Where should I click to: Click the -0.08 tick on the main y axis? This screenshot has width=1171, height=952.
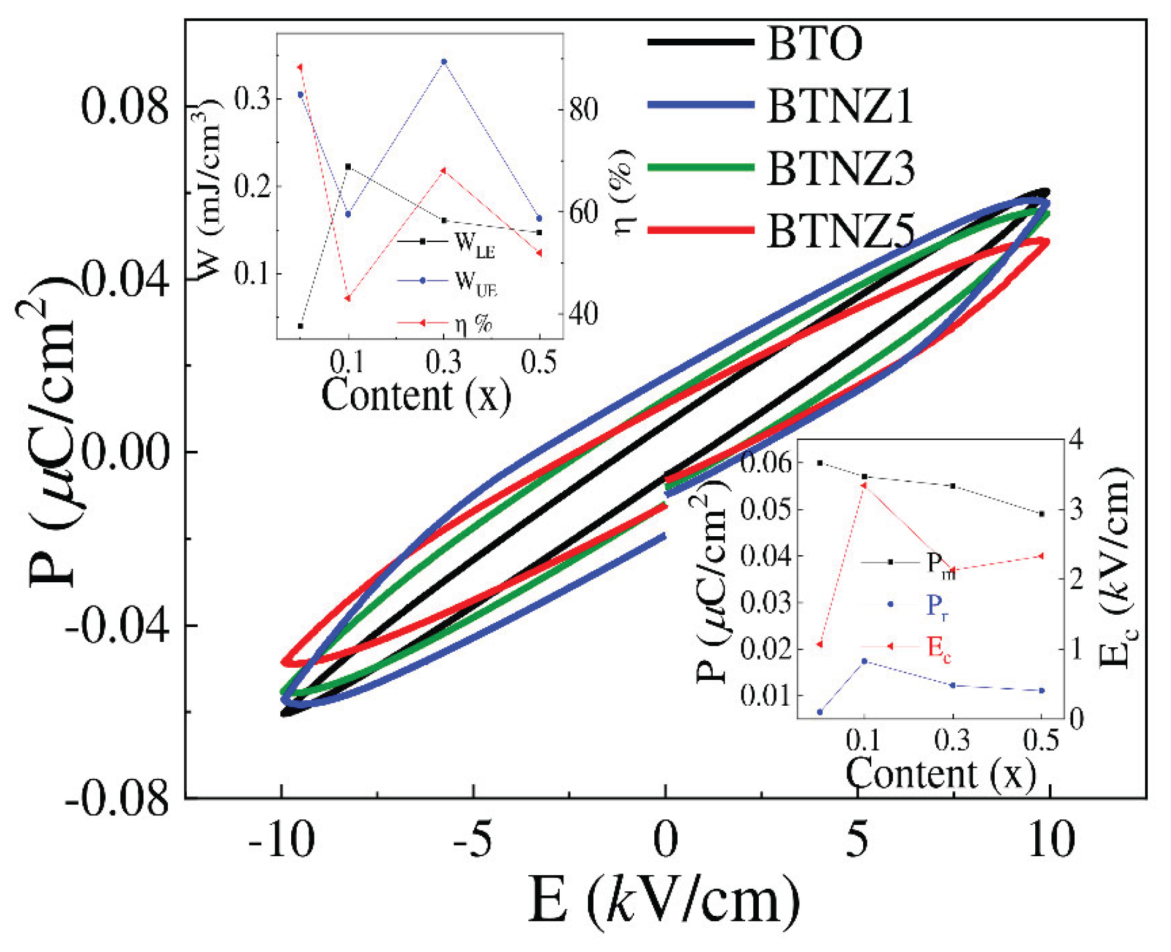[x=117, y=799]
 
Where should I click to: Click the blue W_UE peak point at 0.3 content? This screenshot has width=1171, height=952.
[x=444, y=61]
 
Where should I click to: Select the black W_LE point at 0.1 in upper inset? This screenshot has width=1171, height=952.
[x=348, y=166]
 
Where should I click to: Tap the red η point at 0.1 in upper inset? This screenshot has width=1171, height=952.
[x=348, y=298]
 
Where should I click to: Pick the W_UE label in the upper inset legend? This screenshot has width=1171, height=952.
[x=475, y=283]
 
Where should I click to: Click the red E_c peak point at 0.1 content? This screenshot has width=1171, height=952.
[x=864, y=485]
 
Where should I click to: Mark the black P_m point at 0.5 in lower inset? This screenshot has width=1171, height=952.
[x=1041, y=513]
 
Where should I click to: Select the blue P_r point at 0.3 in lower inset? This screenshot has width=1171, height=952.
[x=953, y=685]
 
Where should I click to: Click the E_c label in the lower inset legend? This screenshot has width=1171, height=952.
[x=938, y=648]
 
